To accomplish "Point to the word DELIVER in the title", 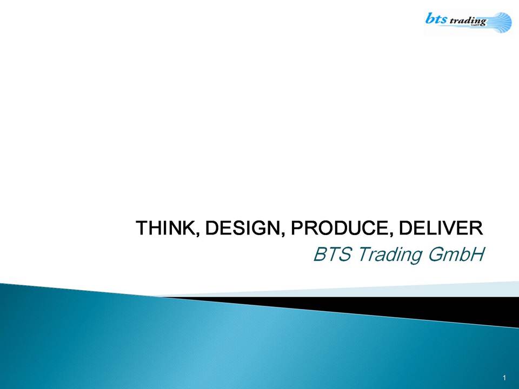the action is (x=441, y=227).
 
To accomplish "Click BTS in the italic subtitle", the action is (x=332, y=254).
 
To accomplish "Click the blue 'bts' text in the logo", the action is (x=436, y=18).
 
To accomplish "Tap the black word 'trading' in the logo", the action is (x=468, y=22).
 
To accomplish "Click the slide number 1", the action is (x=504, y=378).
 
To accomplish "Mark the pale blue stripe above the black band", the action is (x=364, y=290).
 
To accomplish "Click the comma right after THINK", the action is (x=198, y=234).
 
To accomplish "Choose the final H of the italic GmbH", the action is (x=477, y=254).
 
